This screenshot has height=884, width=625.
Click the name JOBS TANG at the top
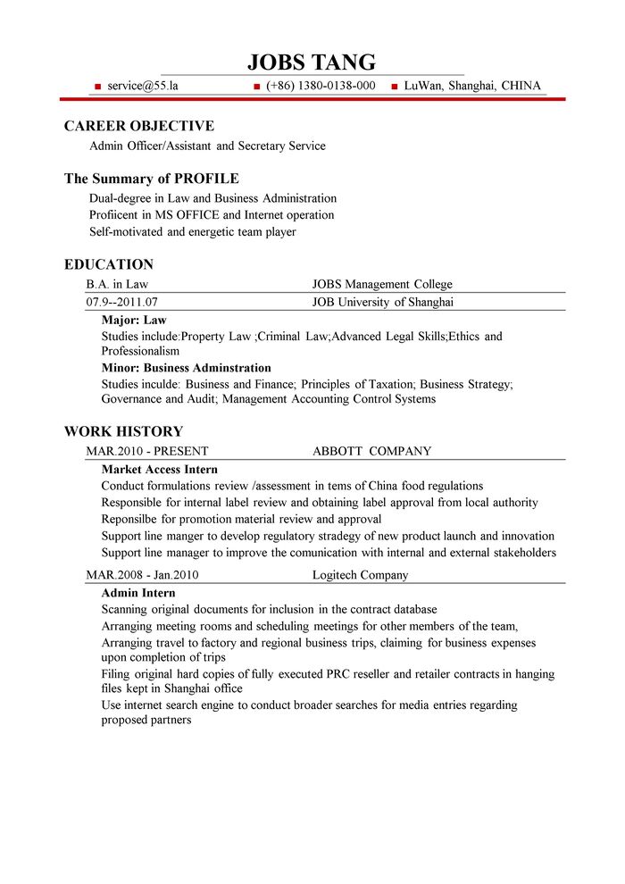click(x=312, y=62)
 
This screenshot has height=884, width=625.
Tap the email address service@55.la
click(x=143, y=86)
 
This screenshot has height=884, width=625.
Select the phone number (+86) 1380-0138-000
click(x=321, y=86)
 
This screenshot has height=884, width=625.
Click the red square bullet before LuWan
click(x=395, y=87)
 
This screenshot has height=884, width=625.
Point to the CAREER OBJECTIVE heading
click(x=138, y=126)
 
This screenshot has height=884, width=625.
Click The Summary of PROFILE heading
click(x=151, y=179)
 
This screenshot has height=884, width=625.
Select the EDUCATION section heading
click(x=109, y=264)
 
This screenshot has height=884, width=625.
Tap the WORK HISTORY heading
click(x=123, y=431)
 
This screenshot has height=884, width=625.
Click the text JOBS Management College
click(x=382, y=284)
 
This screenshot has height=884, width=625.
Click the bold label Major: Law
click(x=134, y=320)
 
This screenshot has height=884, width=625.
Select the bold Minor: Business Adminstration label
click(x=186, y=368)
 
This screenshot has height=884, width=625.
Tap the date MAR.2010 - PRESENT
click(x=147, y=451)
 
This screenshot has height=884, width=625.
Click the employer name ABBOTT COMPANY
click(x=371, y=451)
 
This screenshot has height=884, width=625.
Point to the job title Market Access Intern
click(x=160, y=469)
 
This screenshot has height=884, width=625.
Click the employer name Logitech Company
click(x=360, y=575)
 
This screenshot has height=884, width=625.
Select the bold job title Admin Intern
click(x=138, y=593)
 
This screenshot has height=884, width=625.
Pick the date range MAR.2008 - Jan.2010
click(x=142, y=575)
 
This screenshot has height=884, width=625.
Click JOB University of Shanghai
click(x=383, y=302)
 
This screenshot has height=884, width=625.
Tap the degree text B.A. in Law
click(x=117, y=284)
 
